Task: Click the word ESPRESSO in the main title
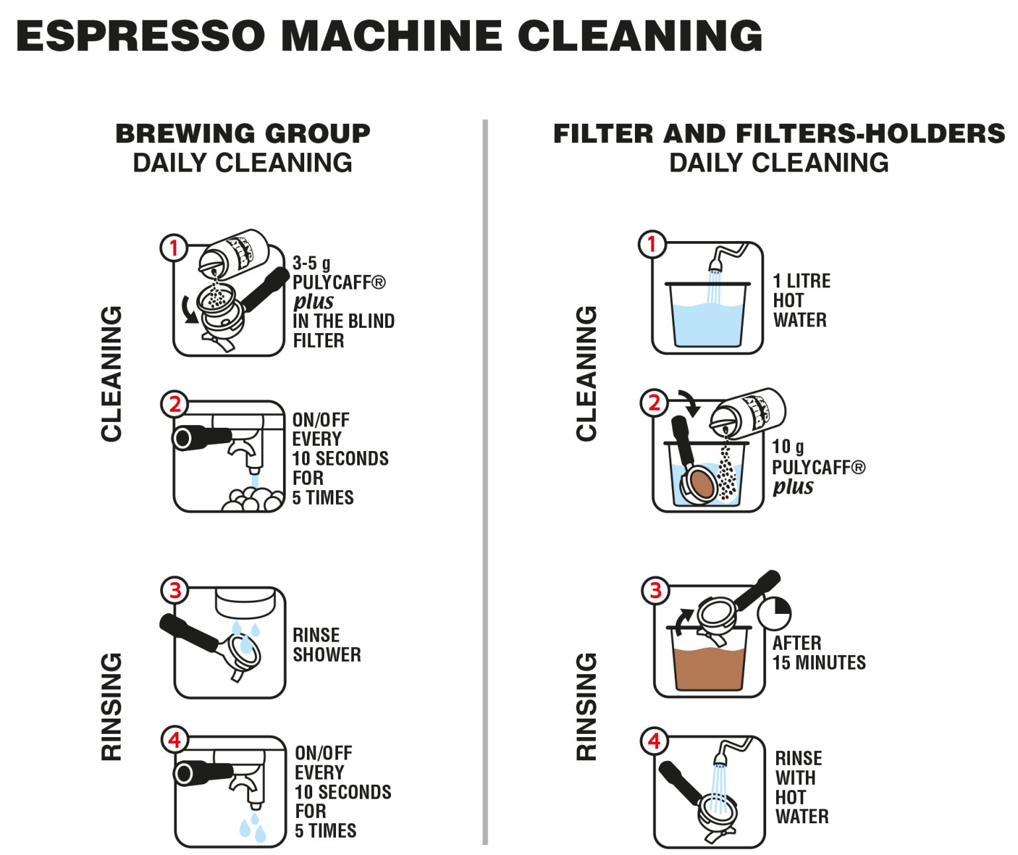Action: tap(141, 36)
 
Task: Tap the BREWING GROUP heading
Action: tap(243, 134)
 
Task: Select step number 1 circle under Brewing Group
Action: tap(174, 248)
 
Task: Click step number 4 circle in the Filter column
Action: tap(654, 741)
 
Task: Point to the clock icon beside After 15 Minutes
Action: tap(774, 613)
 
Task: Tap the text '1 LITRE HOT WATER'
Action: tap(801, 301)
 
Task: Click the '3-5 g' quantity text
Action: tap(311, 263)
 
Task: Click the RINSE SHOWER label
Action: tap(327, 644)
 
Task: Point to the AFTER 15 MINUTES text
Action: tap(819, 653)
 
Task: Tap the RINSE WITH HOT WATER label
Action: tap(802, 787)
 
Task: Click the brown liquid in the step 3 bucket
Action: tap(709, 668)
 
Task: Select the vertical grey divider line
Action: tap(485, 482)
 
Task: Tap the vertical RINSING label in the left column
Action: tap(111, 707)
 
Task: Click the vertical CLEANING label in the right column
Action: tap(587, 374)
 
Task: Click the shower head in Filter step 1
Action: tap(715, 265)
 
